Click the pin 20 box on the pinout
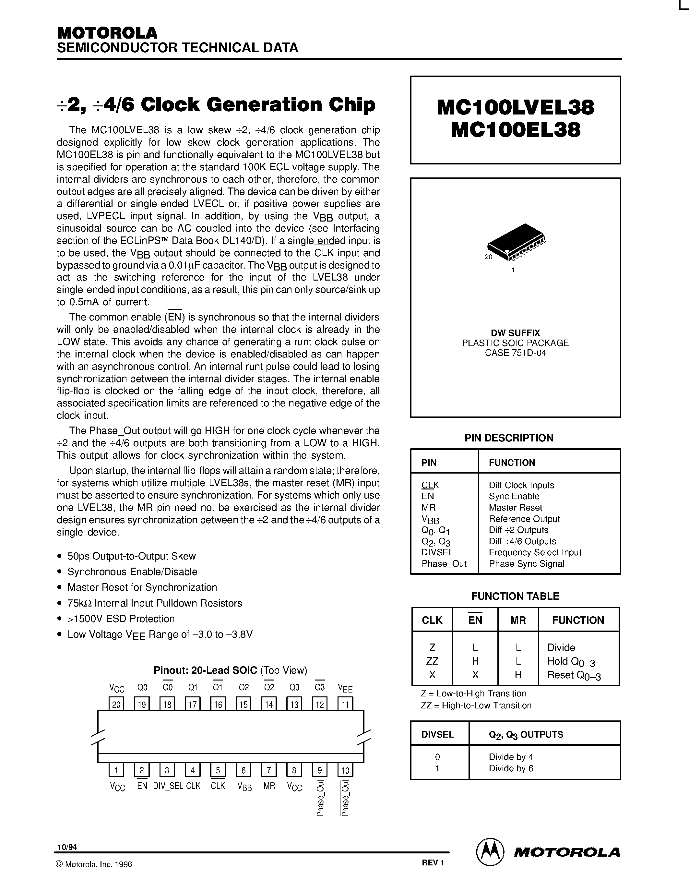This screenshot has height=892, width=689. pyautogui.click(x=116, y=704)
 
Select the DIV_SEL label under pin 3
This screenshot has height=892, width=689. pyautogui.click(x=168, y=786)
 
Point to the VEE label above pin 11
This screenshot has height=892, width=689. pyautogui.click(x=345, y=688)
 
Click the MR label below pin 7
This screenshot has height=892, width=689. pyautogui.click(x=269, y=786)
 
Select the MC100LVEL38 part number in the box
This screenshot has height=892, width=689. pyautogui.click(x=515, y=107)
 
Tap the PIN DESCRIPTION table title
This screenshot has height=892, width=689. pyautogui.click(x=509, y=438)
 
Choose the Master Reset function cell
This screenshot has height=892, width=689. pyautogui.click(x=515, y=508)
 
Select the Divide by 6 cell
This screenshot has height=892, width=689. pyautogui.click(x=511, y=768)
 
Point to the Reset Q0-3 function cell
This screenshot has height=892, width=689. pyautogui.click(x=574, y=675)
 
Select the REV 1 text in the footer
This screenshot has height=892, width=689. pyautogui.click(x=433, y=862)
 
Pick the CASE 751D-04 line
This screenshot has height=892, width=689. pyautogui.click(x=515, y=353)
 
